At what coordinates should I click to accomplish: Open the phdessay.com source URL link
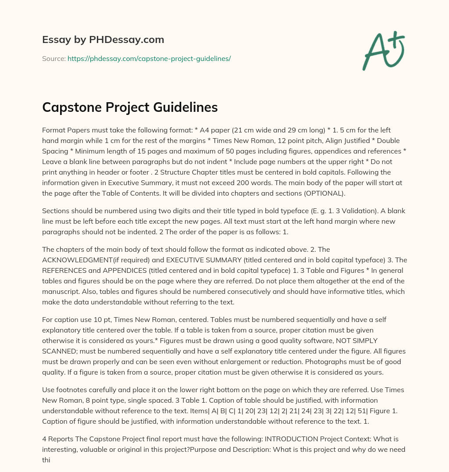[x=149, y=58]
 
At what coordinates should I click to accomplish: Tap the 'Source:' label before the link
[x=54, y=58]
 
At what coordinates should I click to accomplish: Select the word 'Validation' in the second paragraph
[x=386, y=211]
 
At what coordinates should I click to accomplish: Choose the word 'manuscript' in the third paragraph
[x=60, y=291]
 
